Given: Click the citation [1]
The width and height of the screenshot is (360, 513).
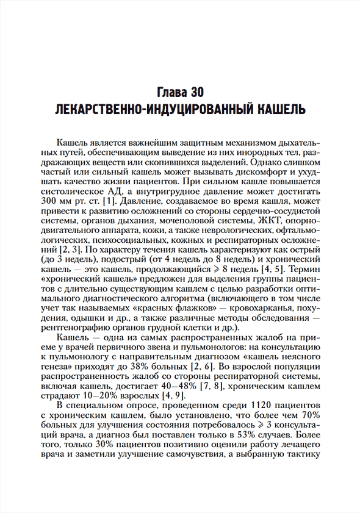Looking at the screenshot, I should click(110, 201).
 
